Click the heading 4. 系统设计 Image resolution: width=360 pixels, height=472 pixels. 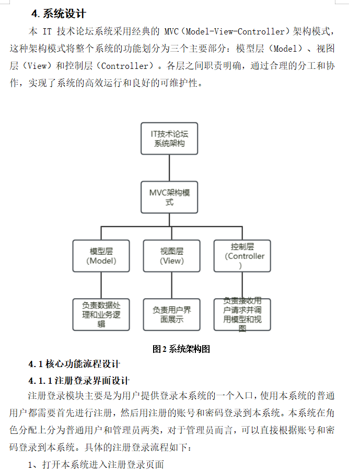coord(59,14)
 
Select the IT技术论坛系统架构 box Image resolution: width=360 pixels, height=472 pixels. coord(169,138)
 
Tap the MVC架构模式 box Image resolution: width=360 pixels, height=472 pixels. coord(169,197)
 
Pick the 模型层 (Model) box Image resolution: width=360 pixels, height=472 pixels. coord(101,256)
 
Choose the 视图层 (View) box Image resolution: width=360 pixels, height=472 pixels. coord(171,256)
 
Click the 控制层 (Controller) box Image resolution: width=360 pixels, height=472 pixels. coord(242,256)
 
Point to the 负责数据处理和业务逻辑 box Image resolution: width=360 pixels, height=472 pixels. coord(101,314)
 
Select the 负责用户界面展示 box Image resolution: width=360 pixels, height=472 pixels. coord(171,314)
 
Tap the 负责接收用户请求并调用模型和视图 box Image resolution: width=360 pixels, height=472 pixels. coord(242,314)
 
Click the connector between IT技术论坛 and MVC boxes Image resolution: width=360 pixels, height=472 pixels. coord(169,168)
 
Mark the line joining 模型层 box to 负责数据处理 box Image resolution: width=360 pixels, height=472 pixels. coord(101,285)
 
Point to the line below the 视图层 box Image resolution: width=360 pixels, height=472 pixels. coord(171,285)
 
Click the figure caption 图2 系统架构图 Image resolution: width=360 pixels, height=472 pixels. coord(181,349)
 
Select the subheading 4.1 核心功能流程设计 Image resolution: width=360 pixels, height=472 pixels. coord(74,364)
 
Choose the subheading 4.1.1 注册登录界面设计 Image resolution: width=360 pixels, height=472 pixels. coord(79,381)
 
